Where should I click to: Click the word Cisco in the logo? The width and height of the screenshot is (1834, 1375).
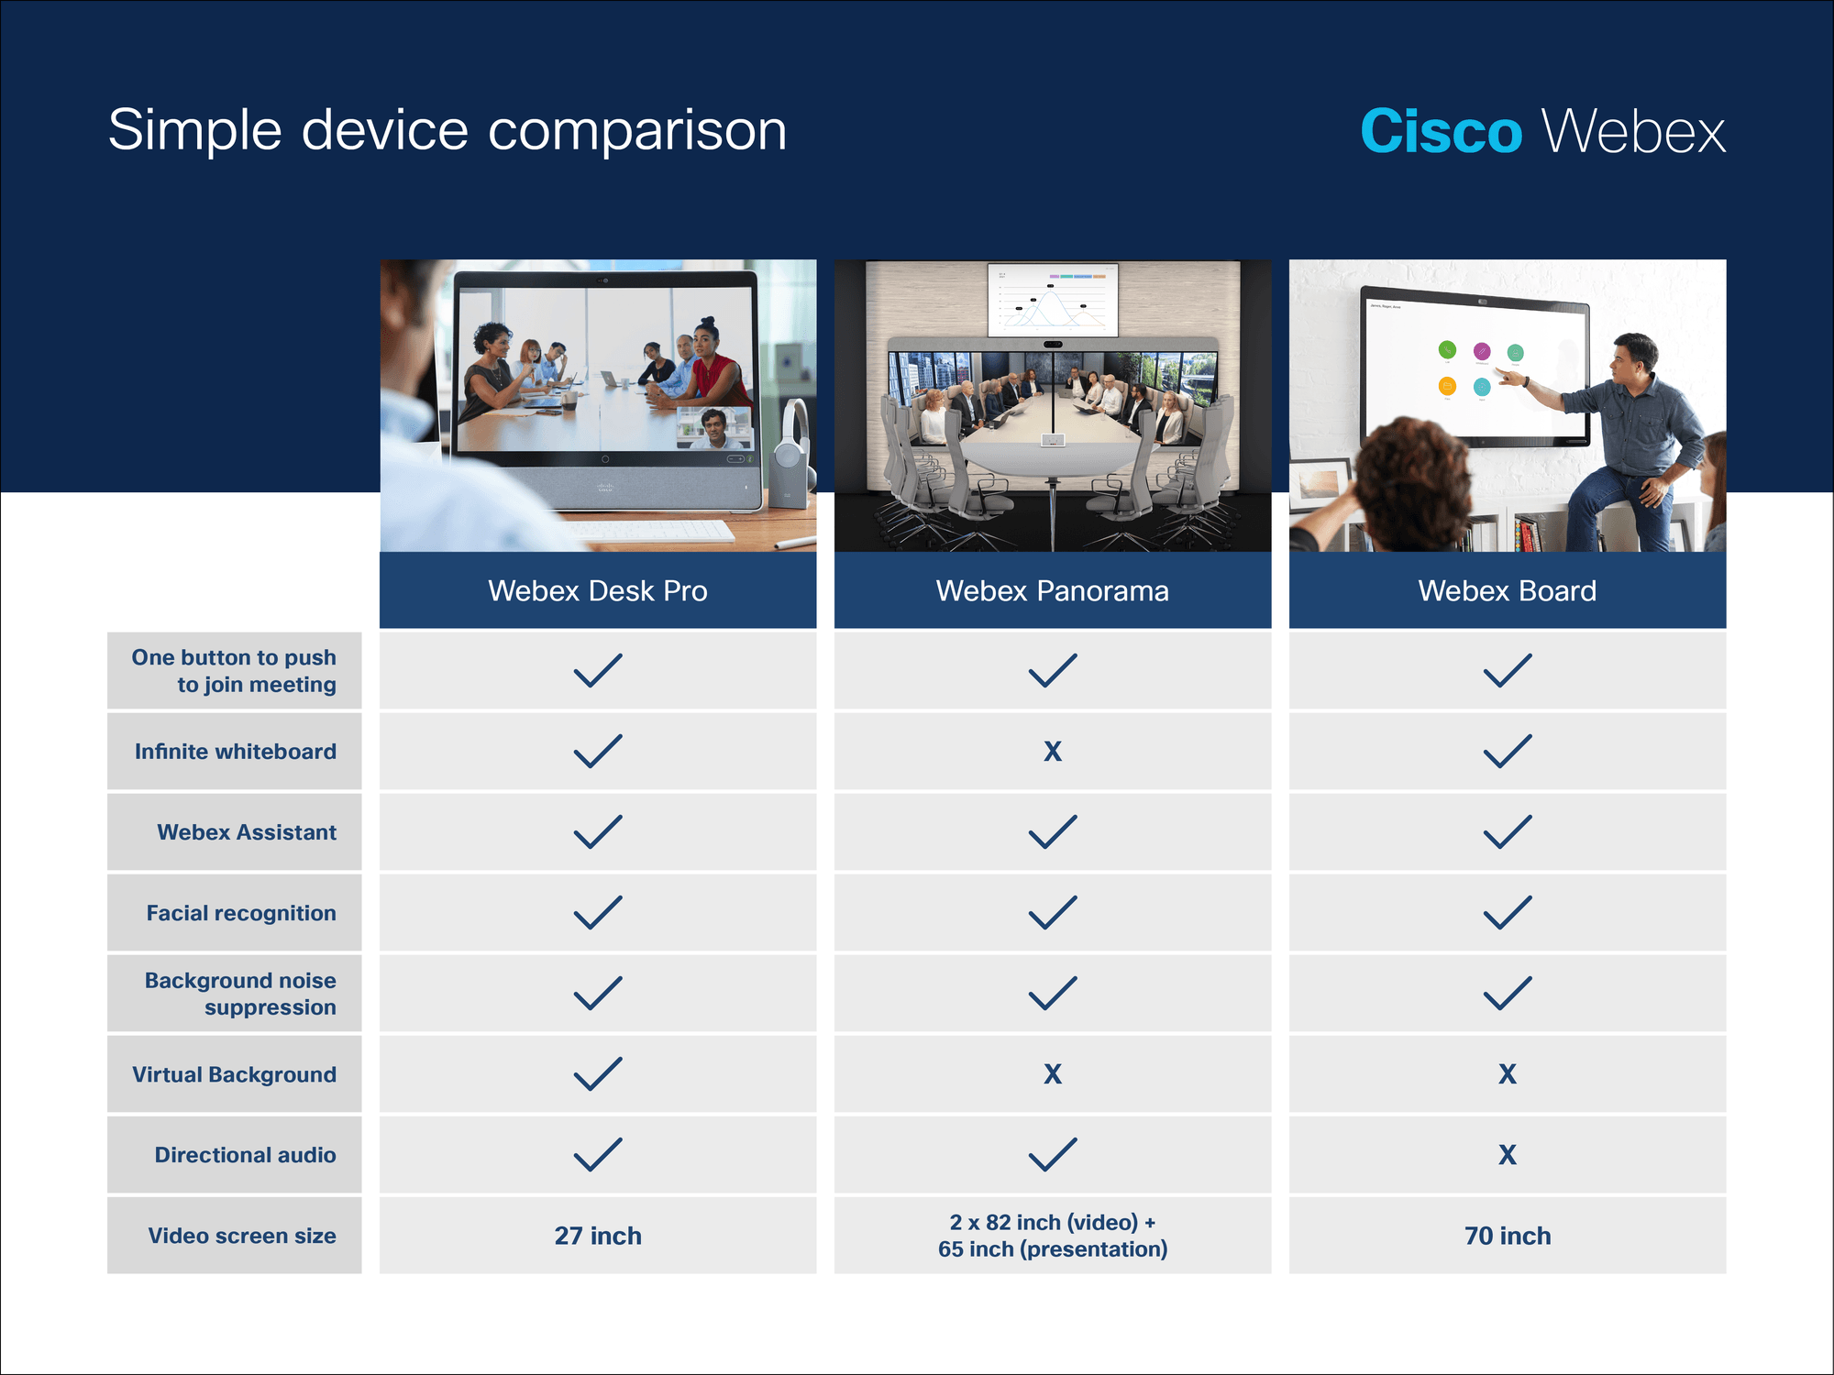pyautogui.click(x=1441, y=132)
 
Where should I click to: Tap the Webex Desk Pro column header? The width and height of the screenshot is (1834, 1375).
pyautogui.click(x=598, y=590)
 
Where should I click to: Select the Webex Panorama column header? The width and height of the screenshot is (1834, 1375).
pyautogui.click(x=1053, y=590)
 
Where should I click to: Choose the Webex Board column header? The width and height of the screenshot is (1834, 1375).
pyautogui.click(x=1508, y=590)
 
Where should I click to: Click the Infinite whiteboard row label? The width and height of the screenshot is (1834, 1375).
pyautogui.click(x=236, y=752)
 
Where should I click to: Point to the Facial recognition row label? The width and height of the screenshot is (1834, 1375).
pyautogui.click(x=241, y=913)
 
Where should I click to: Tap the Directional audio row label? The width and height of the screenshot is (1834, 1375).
pyautogui.click(x=245, y=1155)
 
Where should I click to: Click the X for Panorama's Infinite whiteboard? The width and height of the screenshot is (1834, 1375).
pyautogui.click(x=1053, y=752)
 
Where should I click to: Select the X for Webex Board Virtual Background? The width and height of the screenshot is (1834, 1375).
pyautogui.click(x=1508, y=1074)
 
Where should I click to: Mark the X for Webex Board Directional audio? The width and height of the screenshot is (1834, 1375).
pyautogui.click(x=1508, y=1155)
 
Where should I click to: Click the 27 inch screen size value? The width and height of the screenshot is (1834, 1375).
pyautogui.click(x=598, y=1236)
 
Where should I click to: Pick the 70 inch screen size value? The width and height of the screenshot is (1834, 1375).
pyautogui.click(x=1508, y=1236)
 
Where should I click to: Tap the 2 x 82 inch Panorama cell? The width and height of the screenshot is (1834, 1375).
pyautogui.click(x=1053, y=1236)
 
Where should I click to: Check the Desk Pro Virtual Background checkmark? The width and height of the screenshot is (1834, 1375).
pyautogui.click(x=598, y=1074)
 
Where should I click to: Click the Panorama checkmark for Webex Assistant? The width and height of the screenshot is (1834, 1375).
pyautogui.click(x=1053, y=832)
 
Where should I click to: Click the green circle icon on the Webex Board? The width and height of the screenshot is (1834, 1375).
pyautogui.click(x=1448, y=349)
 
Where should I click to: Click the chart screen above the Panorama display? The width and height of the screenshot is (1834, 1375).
pyautogui.click(x=1053, y=300)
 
